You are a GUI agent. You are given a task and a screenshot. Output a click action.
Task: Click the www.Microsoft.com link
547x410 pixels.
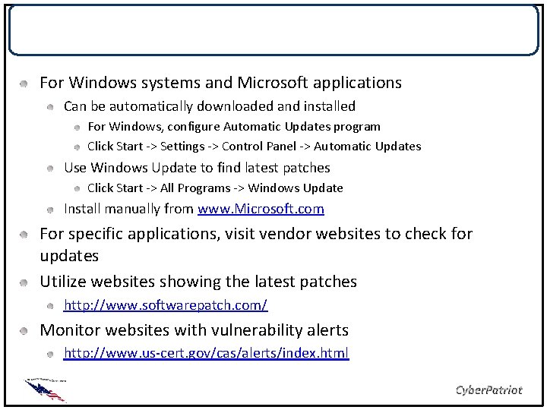pyautogui.click(x=261, y=209)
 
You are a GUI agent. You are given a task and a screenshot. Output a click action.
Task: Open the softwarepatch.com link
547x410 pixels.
pyautogui.click(x=165, y=306)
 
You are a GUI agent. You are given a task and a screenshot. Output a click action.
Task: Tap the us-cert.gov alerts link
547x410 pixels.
pyautogui.click(x=205, y=354)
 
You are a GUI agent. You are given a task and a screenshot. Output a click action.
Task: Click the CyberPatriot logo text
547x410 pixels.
pyautogui.click(x=488, y=389)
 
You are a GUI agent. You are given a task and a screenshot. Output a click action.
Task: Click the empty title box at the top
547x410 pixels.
pyautogui.click(x=273, y=30)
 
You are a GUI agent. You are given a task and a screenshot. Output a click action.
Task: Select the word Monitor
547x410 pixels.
pyautogui.click(x=69, y=330)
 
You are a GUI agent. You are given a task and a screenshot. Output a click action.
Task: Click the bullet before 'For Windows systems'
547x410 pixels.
pyautogui.click(x=25, y=82)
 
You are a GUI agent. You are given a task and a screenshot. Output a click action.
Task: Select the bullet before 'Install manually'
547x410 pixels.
pyautogui.click(x=49, y=210)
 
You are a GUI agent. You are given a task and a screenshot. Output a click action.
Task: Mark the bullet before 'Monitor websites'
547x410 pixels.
pyautogui.click(x=25, y=331)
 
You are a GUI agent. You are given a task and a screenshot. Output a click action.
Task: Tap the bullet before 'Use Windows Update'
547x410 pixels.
pyautogui.click(x=49, y=168)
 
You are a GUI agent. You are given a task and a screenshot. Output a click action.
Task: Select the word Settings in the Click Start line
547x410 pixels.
pyautogui.click(x=174, y=147)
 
